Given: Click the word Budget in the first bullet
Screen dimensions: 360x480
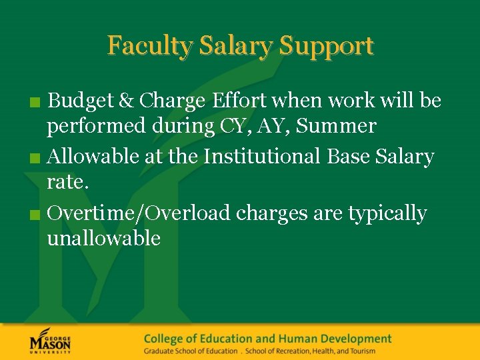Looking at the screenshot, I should click(81, 101).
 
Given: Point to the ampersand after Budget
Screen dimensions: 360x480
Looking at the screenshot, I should click(126, 101).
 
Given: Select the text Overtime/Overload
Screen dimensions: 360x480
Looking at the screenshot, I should click(139, 213).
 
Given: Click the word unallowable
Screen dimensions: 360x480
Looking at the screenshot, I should click(103, 238).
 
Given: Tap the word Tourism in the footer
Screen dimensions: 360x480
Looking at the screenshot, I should click(360, 351).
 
